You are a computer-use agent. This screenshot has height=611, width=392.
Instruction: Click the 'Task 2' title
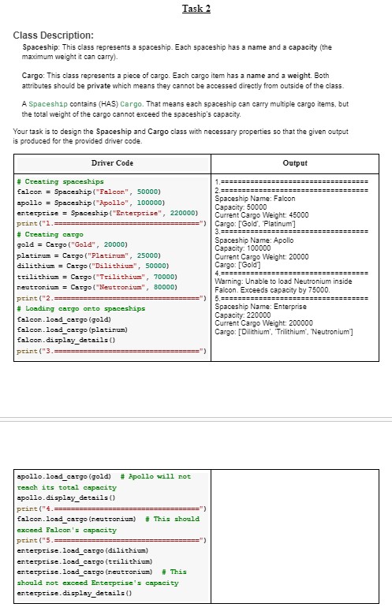point(196,9)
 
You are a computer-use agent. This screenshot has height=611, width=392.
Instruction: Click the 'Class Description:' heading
point(54,36)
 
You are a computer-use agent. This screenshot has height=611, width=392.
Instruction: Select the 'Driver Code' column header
point(112,163)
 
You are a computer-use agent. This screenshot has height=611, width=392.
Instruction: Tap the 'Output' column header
point(294,163)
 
